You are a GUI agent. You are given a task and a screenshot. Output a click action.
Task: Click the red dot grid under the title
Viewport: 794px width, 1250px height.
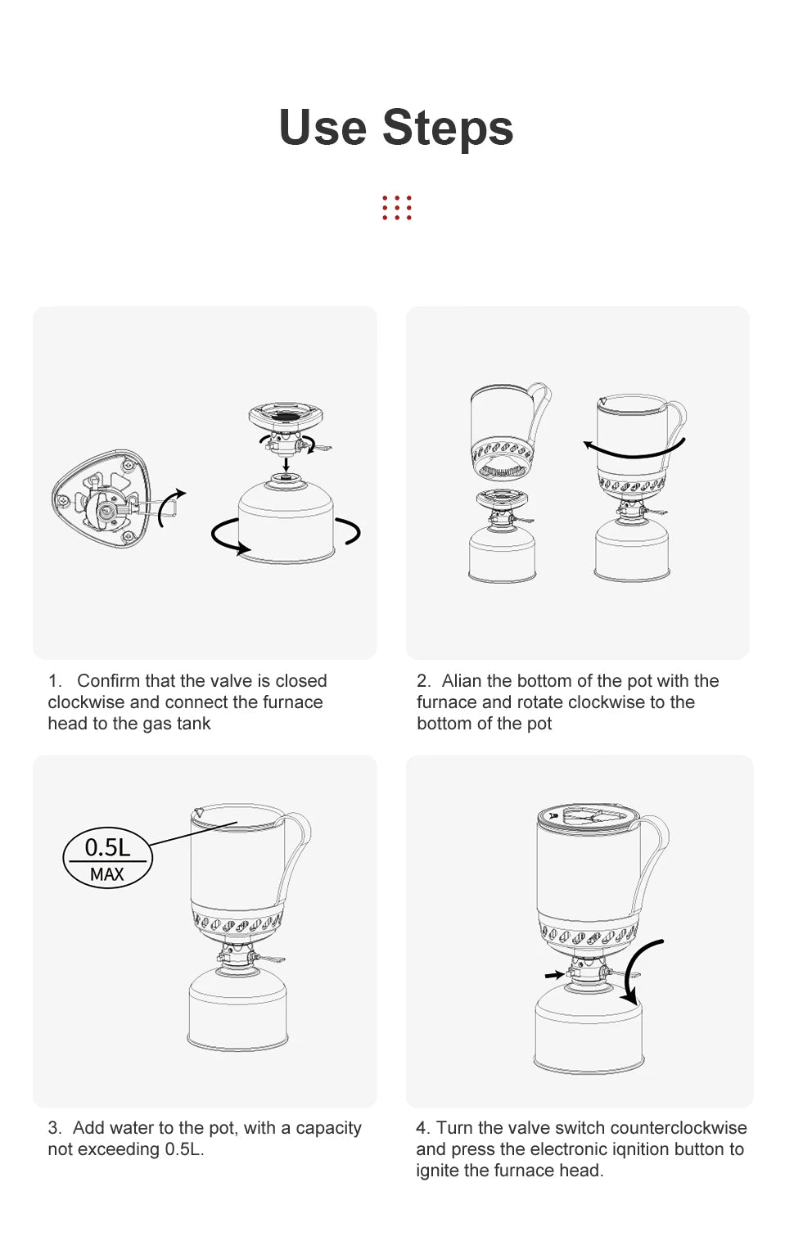(397, 208)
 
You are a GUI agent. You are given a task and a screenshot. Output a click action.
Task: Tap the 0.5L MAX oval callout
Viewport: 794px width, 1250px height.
(107, 858)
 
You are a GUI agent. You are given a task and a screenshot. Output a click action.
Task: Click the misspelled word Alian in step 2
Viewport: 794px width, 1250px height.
(462, 681)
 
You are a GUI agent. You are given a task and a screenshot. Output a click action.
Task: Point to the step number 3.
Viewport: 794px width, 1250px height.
(54, 1128)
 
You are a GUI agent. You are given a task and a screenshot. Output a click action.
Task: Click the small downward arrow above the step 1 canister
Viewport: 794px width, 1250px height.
(286, 463)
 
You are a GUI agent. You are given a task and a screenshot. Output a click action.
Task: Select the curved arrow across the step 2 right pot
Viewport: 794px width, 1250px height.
(634, 449)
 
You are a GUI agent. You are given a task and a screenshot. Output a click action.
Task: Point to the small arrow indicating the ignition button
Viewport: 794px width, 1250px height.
(554, 975)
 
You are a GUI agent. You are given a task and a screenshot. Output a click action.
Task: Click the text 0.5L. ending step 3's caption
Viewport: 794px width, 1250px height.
(185, 1149)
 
